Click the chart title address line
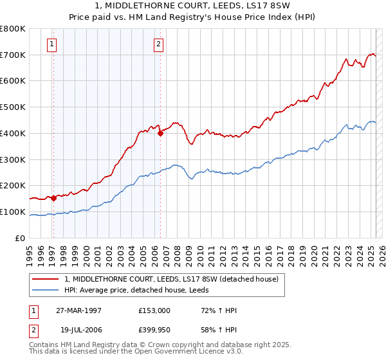(193, 7)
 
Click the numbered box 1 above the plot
(51, 44)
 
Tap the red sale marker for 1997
(53, 198)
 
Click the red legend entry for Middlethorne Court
(171, 279)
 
